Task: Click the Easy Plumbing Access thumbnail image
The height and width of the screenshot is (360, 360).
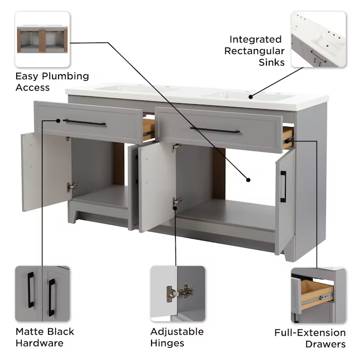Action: point(42,39)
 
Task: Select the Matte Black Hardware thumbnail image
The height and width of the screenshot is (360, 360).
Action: point(42,294)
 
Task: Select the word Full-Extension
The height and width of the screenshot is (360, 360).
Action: point(310,333)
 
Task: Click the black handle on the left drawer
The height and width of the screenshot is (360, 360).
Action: point(84,122)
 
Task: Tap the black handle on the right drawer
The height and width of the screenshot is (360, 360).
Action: point(215,130)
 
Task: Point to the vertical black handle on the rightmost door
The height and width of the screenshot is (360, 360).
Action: point(283,187)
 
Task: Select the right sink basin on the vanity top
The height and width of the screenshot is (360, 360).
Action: point(245,96)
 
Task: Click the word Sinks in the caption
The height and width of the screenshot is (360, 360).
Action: point(271,62)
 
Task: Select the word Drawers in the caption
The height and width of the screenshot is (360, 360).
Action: point(325,344)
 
